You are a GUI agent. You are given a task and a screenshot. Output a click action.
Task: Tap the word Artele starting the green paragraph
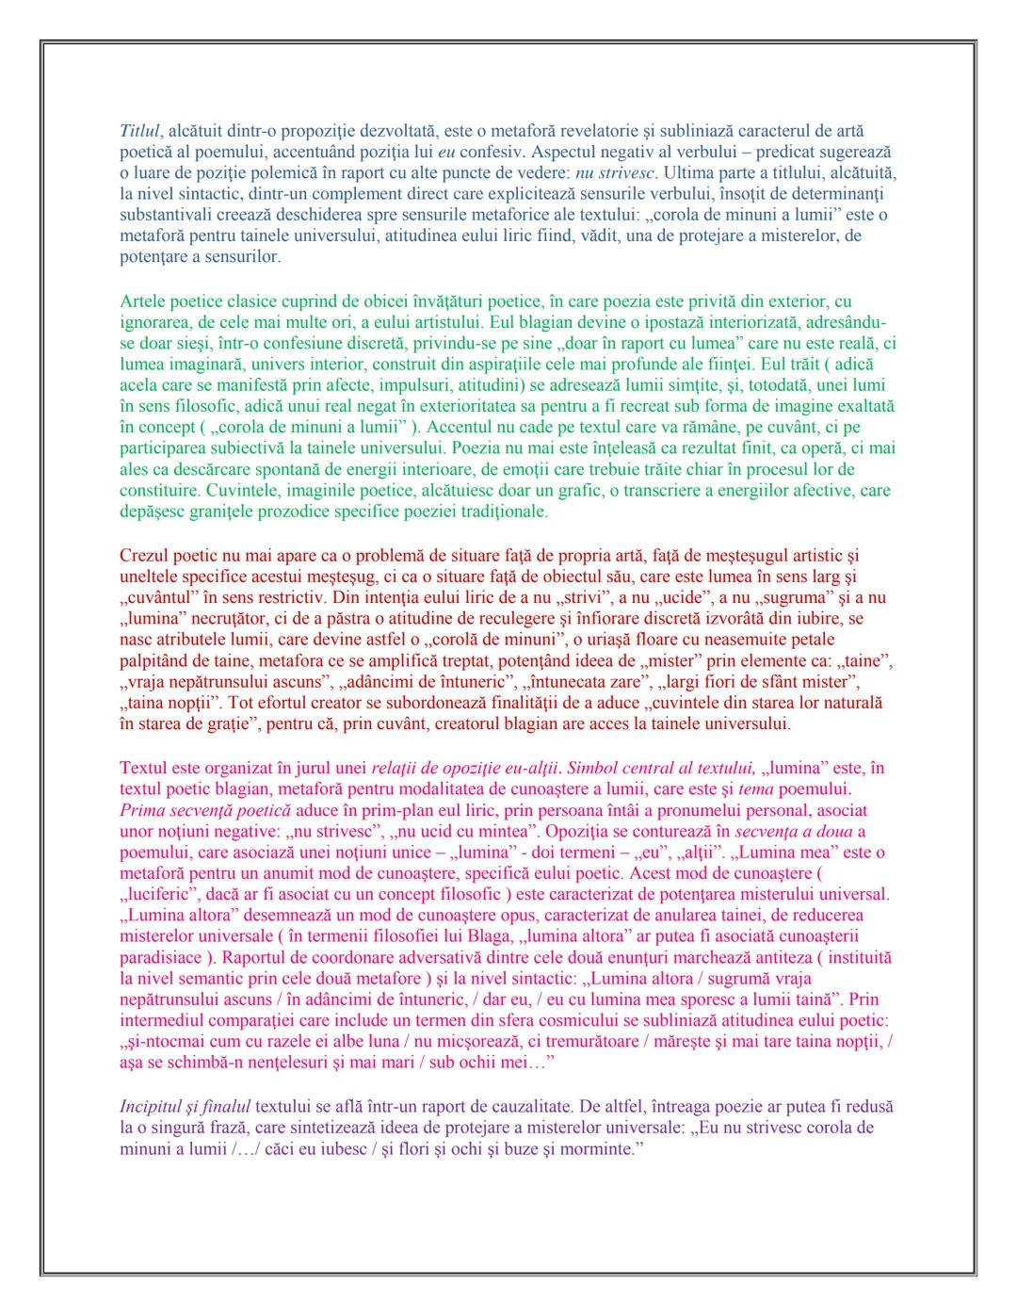pos(143,301)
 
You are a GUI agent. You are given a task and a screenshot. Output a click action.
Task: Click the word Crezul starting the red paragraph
pos(144,556)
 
